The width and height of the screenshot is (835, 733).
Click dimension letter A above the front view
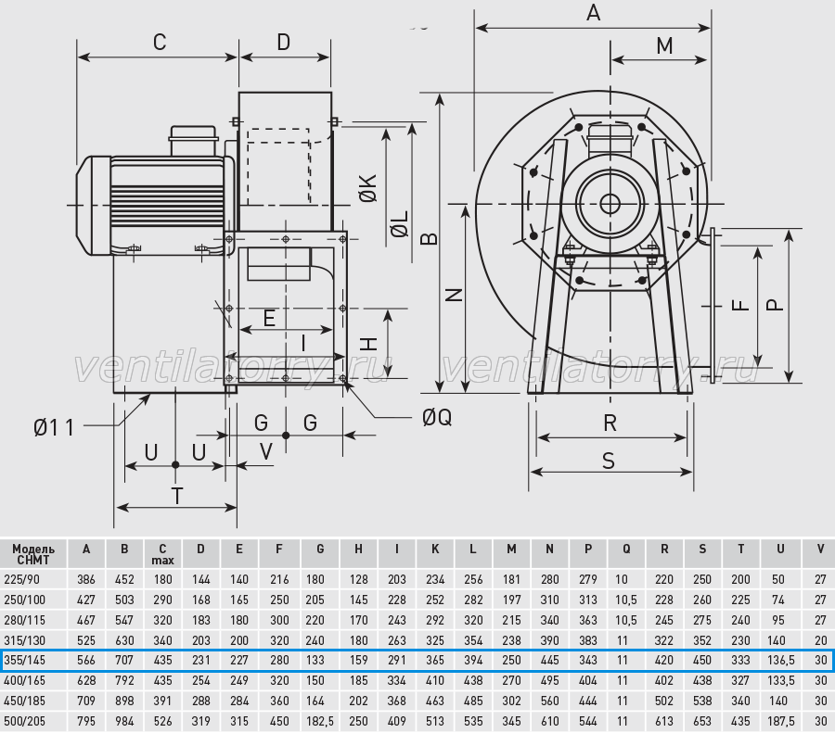(x=593, y=12)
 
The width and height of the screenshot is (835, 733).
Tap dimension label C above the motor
(x=160, y=42)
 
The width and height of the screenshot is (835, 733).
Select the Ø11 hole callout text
(x=54, y=427)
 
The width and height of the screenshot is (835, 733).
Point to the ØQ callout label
(x=437, y=418)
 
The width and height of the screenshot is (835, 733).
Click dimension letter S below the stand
(x=608, y=461)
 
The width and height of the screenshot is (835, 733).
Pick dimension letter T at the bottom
(x=177, y=496)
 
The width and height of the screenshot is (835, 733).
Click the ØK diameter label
(x=368, y=188)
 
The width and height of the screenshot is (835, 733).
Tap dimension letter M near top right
(x=664, y=45)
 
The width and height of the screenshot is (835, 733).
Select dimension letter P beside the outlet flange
(x=776, y=305)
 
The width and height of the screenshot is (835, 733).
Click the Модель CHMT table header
(x=33, y=554)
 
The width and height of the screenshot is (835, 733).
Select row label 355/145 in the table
(x=24, y=660)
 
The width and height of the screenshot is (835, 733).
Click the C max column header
(x=162, y=554)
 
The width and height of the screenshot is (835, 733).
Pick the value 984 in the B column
(x=124, y=721)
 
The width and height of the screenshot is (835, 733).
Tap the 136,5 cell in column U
(x=780, y=660)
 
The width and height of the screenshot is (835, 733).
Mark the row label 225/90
(x=21, y=579)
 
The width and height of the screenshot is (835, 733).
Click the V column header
(x=820, y=549)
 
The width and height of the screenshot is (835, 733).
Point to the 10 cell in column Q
(x=622, y=579)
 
